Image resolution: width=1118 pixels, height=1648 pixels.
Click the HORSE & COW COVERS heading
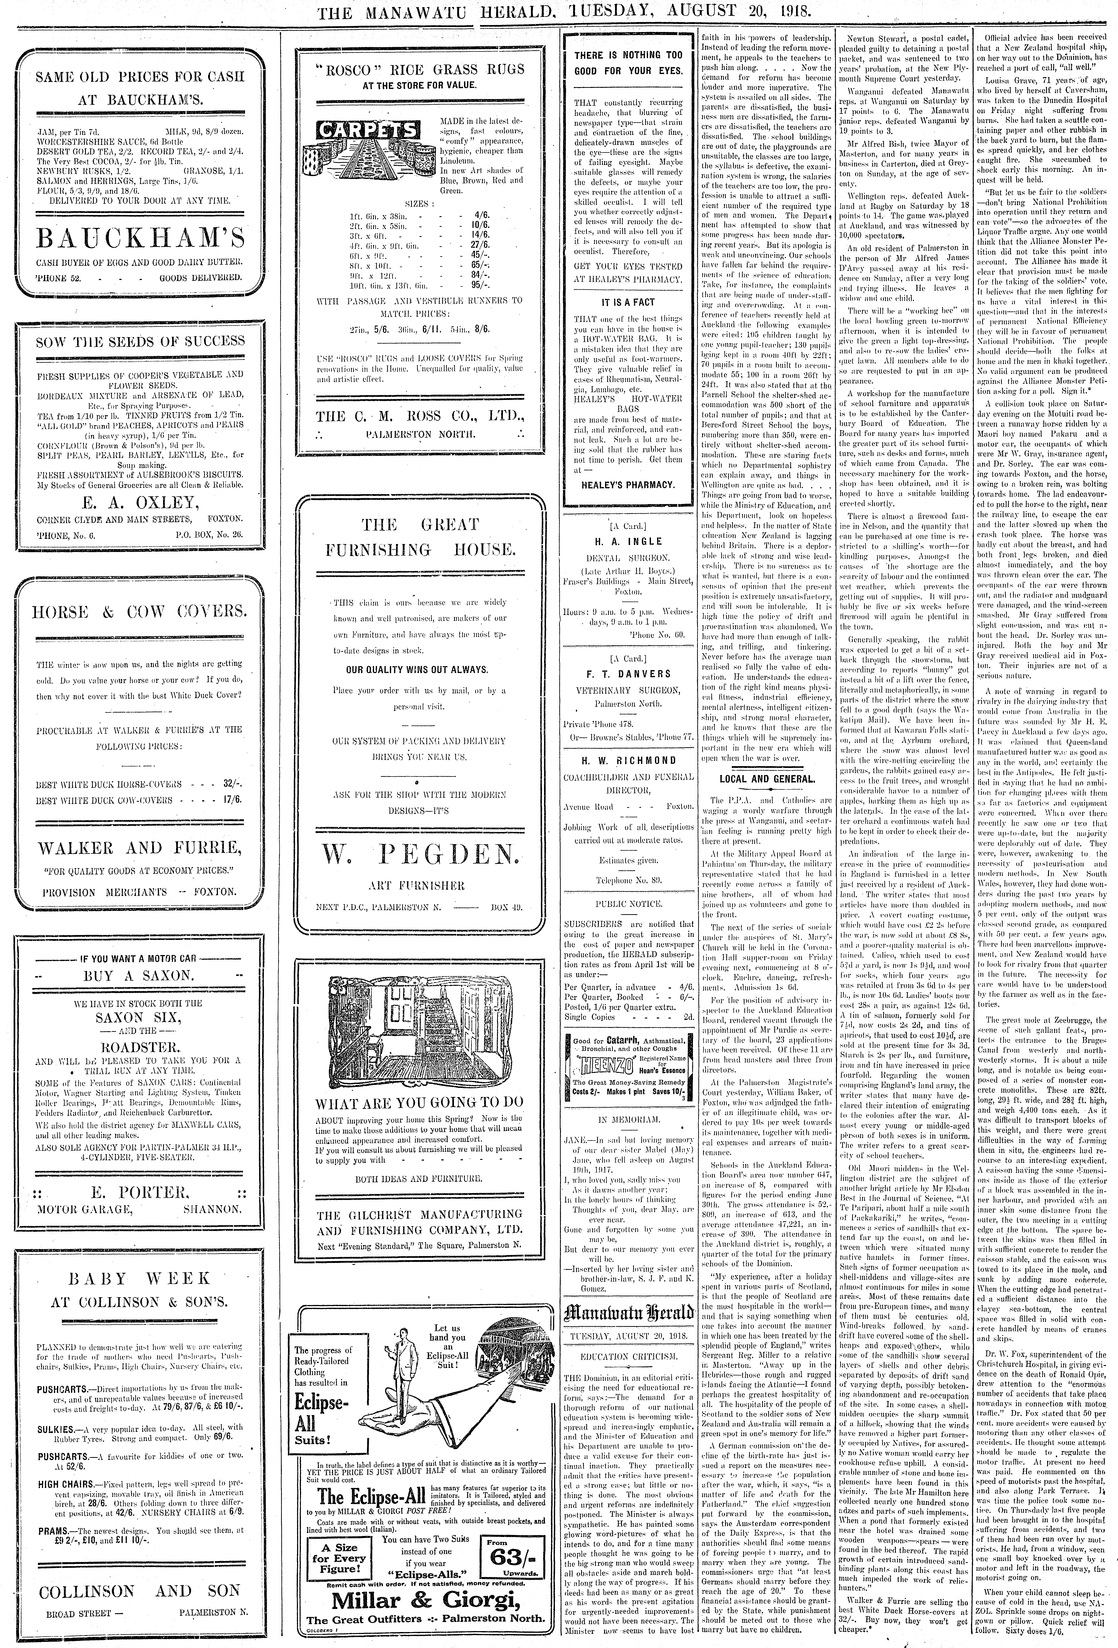coord(140,612)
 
